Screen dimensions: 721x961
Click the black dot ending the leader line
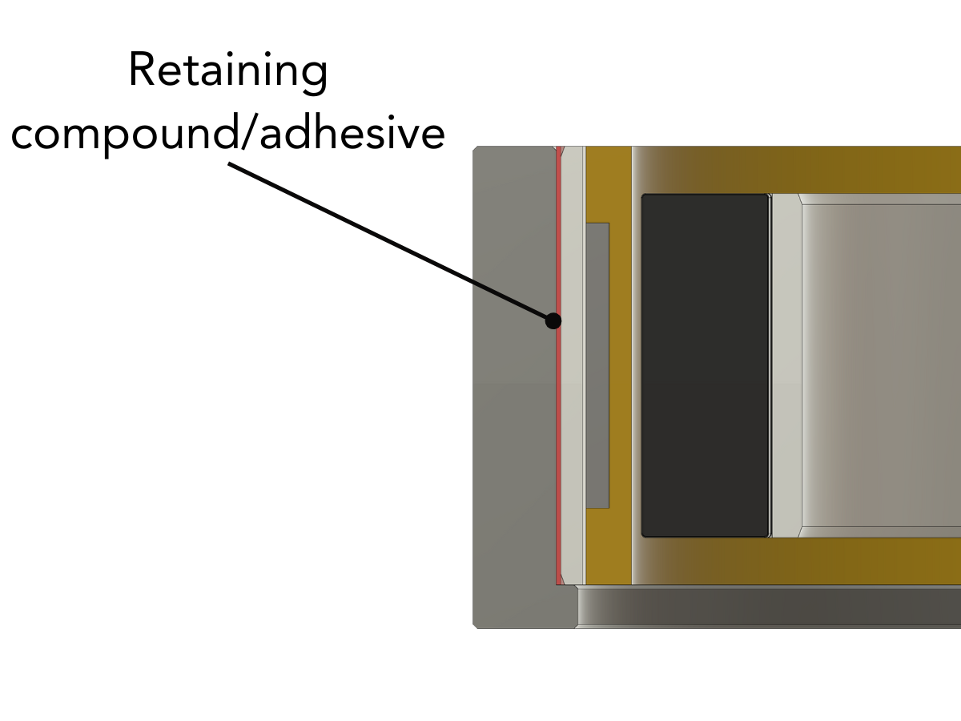553,320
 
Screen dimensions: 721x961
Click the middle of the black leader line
391,243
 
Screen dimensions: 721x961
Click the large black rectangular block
705,365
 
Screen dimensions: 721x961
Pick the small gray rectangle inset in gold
597,365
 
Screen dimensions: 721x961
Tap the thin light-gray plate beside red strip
572,365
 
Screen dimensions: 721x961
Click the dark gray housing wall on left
513,385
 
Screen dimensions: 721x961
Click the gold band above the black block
801,170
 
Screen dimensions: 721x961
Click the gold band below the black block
801,561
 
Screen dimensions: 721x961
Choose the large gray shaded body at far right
881,365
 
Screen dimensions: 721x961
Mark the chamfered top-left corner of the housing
476,149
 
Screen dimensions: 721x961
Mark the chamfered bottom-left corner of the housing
476,625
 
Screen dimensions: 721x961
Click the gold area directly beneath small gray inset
597,545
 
